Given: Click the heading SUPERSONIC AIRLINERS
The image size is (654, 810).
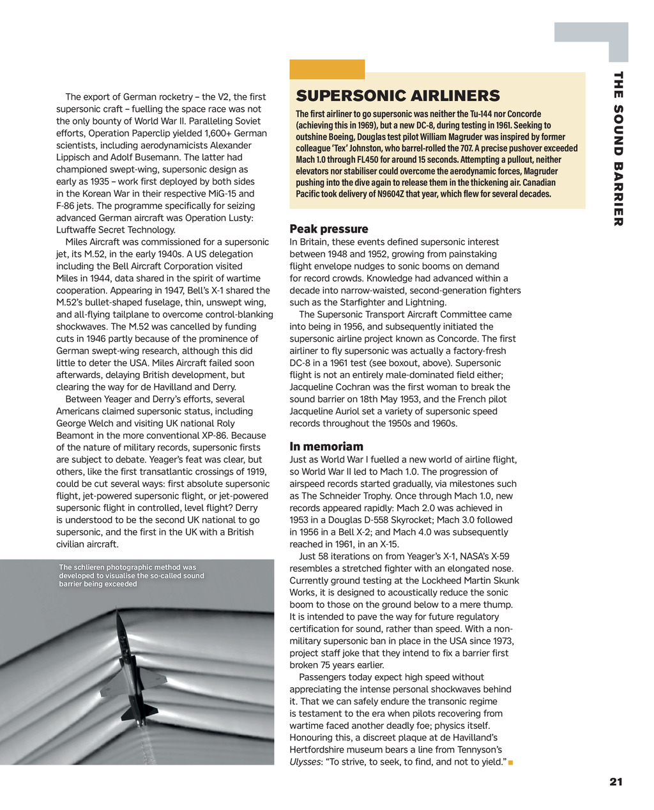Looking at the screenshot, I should coord(397,96).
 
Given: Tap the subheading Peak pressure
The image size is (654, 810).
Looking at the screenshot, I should coord(329,229).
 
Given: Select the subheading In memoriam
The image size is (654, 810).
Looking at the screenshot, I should coord(326,447).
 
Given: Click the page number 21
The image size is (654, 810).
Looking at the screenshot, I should coord(616,782).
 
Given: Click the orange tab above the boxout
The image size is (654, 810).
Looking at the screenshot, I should coord(327,69).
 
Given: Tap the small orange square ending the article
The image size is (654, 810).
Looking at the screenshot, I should coord(511,762).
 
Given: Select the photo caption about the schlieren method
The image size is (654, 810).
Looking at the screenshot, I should coord(131,576).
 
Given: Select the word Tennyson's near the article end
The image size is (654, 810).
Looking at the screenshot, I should coord(478,749).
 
